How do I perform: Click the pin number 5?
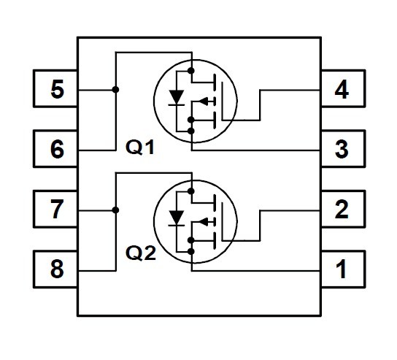[57, 89]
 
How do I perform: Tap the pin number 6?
[57, 149]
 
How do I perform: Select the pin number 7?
[57, 209]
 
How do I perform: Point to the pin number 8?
[57, 269]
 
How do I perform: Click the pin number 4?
[342, 89]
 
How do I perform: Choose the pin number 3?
[342, 149]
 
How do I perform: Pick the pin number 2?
[342, 209]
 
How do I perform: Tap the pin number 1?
[342, 269]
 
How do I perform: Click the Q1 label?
[140, 148]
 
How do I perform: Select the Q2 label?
[141, 253]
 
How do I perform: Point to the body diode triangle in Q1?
[177, 97]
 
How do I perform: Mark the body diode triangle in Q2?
[177, 218]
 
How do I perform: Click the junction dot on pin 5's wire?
[116, 89]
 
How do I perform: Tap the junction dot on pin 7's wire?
[116, 210]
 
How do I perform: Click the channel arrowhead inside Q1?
[204, 102]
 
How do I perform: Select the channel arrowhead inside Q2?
[204, 222]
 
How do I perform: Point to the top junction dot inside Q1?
[191, 70]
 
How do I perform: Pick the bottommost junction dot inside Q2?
[191, 251]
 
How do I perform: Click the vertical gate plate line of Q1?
[223, 101]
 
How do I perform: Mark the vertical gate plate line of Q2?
[223, 221]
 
